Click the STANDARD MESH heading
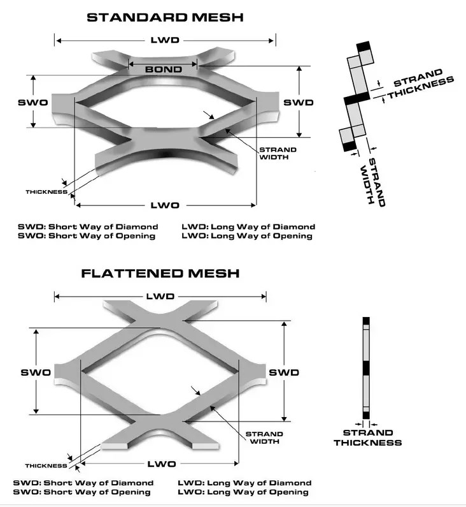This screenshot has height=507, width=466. tap(165, 17)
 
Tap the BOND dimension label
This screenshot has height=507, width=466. tap(164, 69)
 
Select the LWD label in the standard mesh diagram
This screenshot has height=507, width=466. tap(165, 40)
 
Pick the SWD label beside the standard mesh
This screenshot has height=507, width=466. tap(299, 103)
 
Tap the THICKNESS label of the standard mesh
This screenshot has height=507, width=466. tap(46, 191)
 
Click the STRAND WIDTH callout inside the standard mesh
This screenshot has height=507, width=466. tap(277, 154)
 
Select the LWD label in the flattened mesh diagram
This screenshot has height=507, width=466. tap(159, 297)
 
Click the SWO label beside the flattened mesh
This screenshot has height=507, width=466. tap(36, 372)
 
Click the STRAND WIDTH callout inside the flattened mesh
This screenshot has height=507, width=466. tap(264, 437)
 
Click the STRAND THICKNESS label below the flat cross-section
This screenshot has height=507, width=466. tap(367, 438)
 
